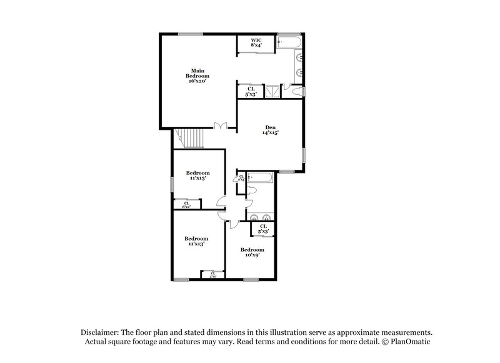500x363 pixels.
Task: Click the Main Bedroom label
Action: pyautogui.click(x=198, y=72)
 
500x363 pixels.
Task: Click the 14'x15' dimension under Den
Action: pyautogui.click(x=270, y=132)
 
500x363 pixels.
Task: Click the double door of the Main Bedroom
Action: pyautogui.click(x=220, y=127)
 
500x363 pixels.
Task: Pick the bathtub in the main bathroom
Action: pyautogui.click(x=290, y=42)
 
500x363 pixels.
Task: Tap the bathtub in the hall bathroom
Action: pyautogui.click(x=259, y=178)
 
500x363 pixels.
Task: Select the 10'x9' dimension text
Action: pyautogui.click(x=249, y=254)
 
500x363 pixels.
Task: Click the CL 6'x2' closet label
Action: pyautogui.click(x=186, y=204)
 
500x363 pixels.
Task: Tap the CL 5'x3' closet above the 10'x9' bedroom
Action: pyautogui.click(x=263, y=229)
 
